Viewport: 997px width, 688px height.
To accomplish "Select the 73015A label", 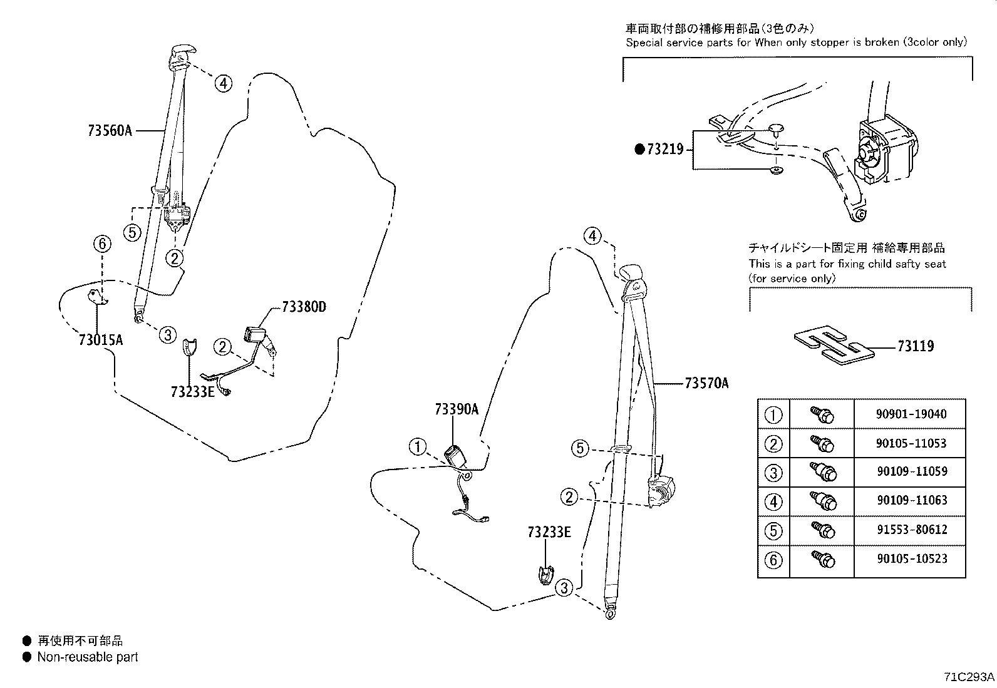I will pyautogui.click(x=101, y=340).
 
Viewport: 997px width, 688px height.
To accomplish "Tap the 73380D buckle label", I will pyautogui.click(x=304, y=307).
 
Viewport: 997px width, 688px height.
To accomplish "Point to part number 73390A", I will pyautogui.click(x=457, y=409).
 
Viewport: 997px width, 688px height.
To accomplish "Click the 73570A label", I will pyautogui.click(x=706, y=383).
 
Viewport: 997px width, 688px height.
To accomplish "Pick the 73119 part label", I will pyautogui.click(x=915, y=346).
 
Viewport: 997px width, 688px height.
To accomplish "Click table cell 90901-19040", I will pyautogui.click(x=911, y=414).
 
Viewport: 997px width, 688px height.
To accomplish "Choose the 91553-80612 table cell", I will pyautogui.click(x=911, y=530).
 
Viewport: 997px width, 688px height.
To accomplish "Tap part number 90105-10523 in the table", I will pyautogui.click(x=911, y=558).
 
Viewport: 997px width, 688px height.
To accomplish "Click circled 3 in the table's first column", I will pyautogui.click(x=774, y=472).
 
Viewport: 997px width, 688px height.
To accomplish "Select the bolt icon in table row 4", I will pyautogui.click(x=822, y=501).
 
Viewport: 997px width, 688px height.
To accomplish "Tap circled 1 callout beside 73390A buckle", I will pyautogui.click(x=418, y=447).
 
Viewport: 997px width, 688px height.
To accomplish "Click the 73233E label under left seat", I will pyautogui.click(x=193, y=392).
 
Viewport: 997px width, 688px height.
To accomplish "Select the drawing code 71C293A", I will pyautogui.click(x=968, y=677).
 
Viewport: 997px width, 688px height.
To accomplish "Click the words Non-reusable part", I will pyautogui.click(x=87, y=657).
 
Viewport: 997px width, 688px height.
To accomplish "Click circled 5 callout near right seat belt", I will pyautogui.click(x=580, y=448).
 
